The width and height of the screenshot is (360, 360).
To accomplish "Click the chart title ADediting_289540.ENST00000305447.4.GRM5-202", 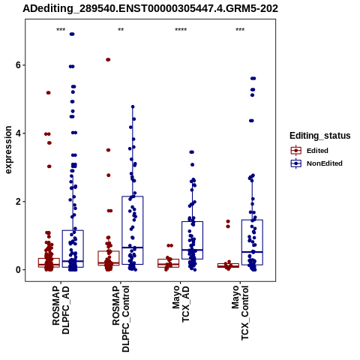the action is tap(150, 9).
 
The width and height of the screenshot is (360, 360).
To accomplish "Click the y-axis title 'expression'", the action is tap(8, 150).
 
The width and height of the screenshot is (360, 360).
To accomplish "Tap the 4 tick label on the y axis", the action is tap(18, 133).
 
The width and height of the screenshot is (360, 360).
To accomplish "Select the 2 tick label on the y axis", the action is tap(18, 202).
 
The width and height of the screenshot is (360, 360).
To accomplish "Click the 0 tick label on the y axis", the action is tap(18, 270).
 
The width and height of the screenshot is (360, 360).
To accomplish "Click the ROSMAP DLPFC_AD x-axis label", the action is tap(61, 310).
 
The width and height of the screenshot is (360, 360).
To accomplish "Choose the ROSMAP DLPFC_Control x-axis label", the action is tap(121, 319).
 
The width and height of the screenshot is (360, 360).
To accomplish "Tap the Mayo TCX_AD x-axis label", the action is tap(181, 304).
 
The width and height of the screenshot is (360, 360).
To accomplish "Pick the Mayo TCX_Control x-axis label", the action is tap(240, 313).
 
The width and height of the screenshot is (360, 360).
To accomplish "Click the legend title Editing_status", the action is tap(320, 136).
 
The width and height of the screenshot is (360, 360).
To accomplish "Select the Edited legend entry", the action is tap(317, 151).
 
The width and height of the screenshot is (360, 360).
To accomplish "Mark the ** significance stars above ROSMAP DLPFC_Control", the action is tap(121, 30).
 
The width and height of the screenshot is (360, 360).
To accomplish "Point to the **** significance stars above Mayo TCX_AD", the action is tap(181, 30).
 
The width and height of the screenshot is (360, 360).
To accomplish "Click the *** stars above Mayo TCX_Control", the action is tap(240, 30).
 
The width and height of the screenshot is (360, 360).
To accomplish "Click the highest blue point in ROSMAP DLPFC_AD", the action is tap(72, 34).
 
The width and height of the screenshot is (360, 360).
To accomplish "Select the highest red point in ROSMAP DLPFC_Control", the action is tap(108, 59).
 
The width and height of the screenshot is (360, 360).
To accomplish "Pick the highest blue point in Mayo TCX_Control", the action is tap(253, 79).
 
